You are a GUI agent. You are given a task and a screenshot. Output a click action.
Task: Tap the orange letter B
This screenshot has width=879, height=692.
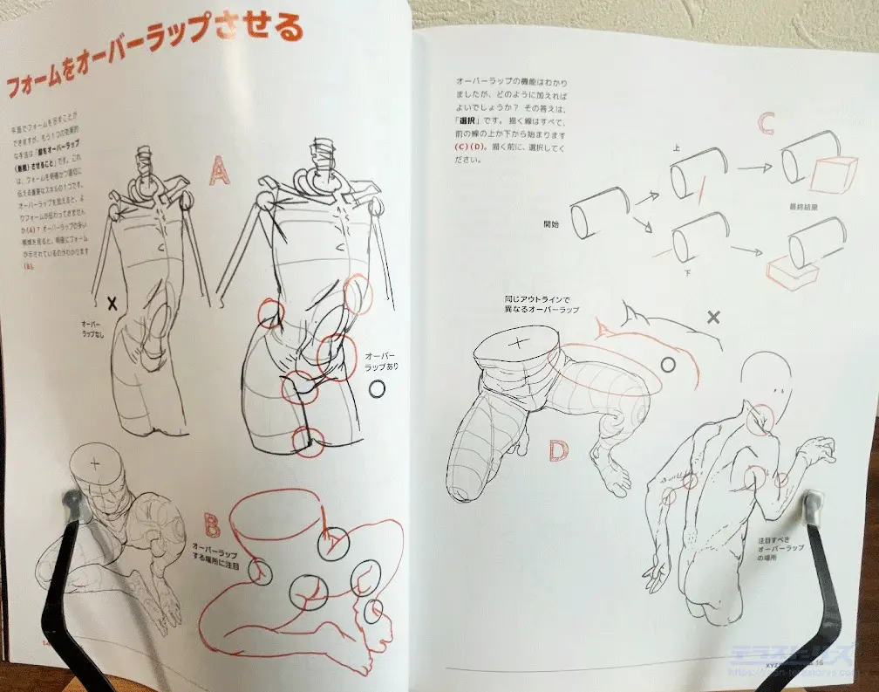coord(212,524)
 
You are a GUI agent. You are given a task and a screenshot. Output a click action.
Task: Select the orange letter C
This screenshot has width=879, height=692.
coord(765,123)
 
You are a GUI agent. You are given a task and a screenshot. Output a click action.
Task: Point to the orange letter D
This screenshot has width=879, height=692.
coord(559,450)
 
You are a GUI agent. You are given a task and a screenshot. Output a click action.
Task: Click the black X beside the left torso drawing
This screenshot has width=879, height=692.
coord(112,304)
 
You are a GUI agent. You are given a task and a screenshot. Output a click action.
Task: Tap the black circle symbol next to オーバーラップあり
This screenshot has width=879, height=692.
coord(377,389)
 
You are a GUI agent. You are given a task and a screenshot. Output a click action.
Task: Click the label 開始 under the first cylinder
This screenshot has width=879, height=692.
coord(550,223)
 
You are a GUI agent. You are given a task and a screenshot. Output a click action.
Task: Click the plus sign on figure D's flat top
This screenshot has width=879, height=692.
coord(517,343)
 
